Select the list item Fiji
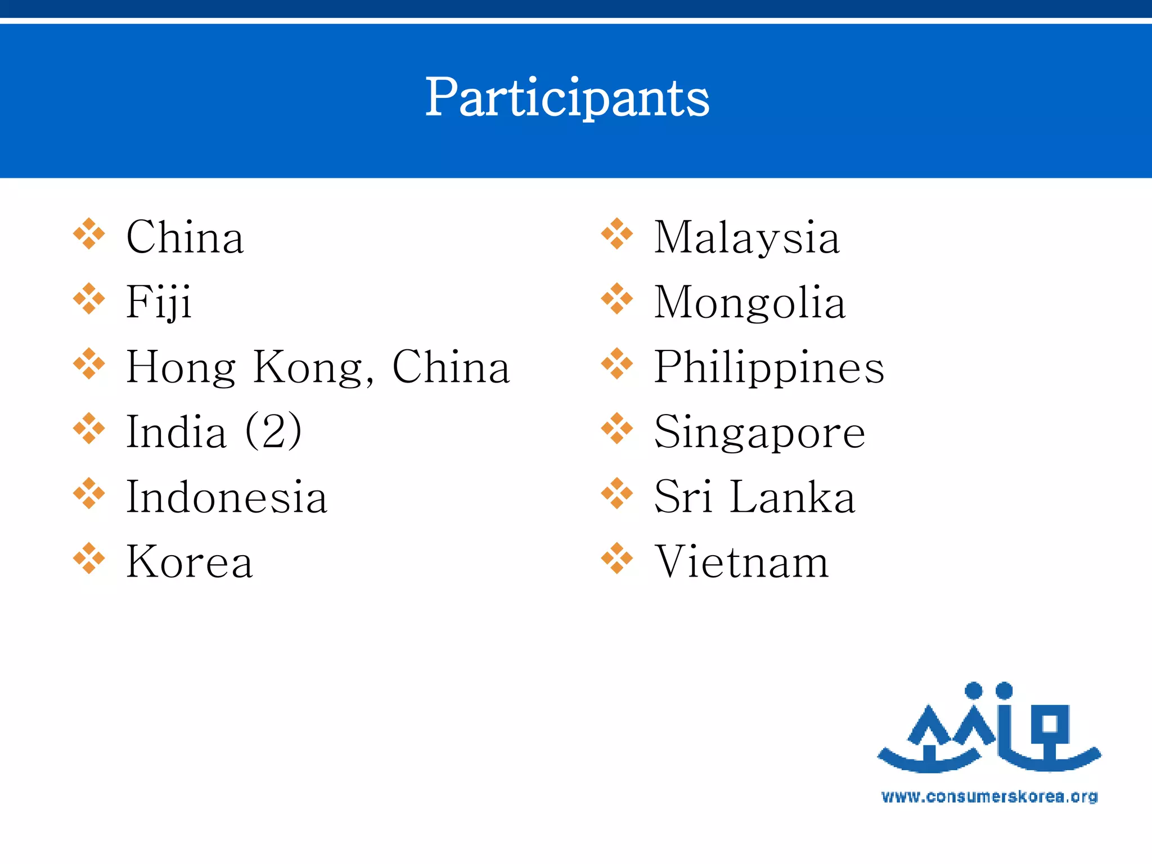tap(159, 303)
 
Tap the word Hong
tap(181, 368)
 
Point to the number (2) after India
tap(274, 431)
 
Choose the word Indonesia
tap(226, 497)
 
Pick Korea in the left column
tap(190, 561)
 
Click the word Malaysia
tap(746, 238)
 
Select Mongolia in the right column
tap(749, 303)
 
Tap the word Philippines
tap(769, 368)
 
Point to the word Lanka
tap(792, 497)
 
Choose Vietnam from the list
tap(742, 561)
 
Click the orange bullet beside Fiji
tap(89, 299)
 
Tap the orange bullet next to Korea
tap(89, 559)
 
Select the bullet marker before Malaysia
tap(616, 233)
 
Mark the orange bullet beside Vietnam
tap(616, 559)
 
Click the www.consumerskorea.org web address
tap(989, 796)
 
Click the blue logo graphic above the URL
tap(989, 728)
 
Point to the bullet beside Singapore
tap(616, 429)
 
